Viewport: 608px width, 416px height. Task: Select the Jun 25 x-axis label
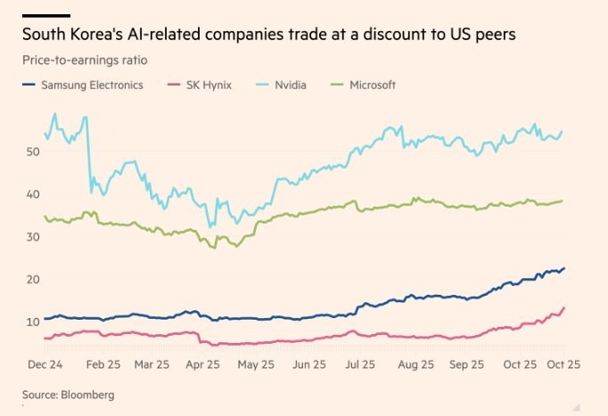pyautogui.click(x=308, y=364)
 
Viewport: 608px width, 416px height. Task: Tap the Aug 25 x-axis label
pyautogui.click(x=414, y=364)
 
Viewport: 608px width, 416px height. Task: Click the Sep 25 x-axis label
pyautogui.click(x=466, y=364)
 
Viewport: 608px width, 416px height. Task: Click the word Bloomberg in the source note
pyautogui.click(x=89, y=393)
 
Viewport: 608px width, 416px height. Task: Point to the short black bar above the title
pyautogui.click(x=45, y=15)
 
